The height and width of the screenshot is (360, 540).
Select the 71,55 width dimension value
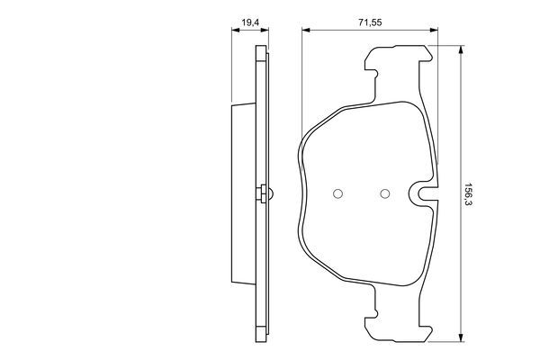(x=368, y=19)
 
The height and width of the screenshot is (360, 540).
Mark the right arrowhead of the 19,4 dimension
(x=265, y=31)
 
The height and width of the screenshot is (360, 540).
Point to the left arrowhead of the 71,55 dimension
(x=304, y=31)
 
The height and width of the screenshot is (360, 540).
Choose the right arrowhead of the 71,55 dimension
(x=436, y=31)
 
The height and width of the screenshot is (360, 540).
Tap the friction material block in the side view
(x=243, y=193)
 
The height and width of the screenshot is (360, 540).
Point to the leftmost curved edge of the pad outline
(x=298, y=193)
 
